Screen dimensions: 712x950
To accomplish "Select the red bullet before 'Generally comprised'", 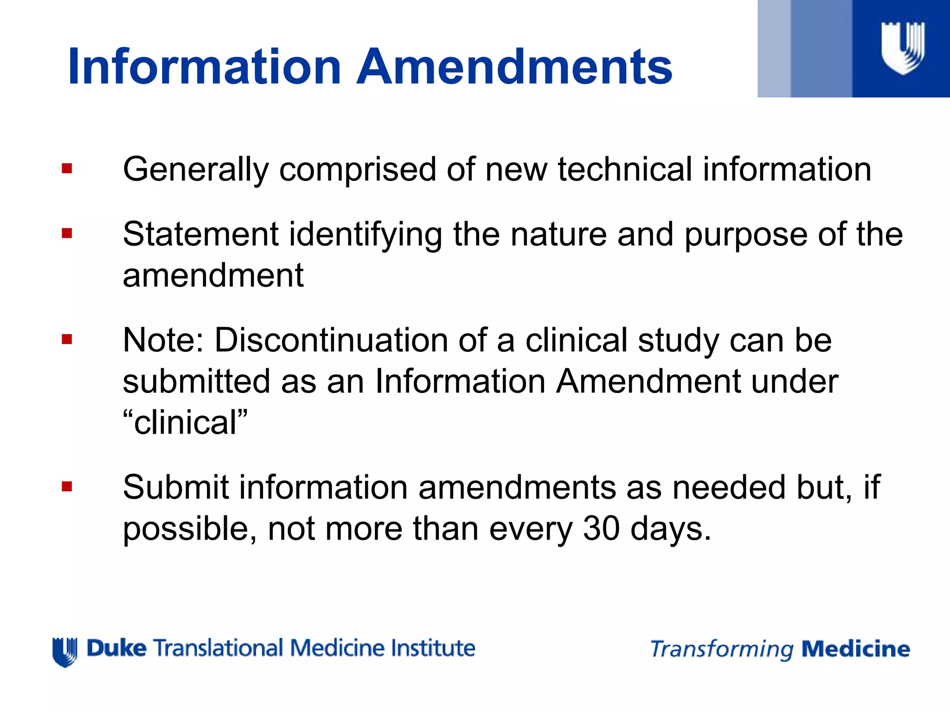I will pos(67,168).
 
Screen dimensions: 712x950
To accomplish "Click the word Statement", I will pos(200,234).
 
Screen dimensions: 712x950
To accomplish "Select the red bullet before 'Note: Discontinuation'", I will pos(67,340).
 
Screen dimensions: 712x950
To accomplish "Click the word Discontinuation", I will pos(331,340).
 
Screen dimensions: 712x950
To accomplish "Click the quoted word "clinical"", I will pos(185,423).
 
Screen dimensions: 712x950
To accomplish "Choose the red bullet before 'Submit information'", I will pos(67,487).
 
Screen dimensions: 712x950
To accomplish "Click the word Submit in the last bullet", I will pos(176,488).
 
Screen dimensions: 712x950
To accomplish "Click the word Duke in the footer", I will pos(116,648).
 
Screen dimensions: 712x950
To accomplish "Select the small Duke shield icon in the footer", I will pos(64,652).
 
